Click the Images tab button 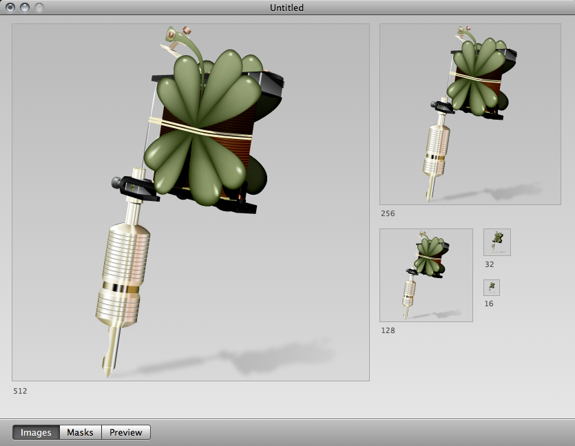click(36, 432)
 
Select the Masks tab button click(81, 432)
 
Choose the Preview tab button click(126, 432)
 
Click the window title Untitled click(287, 8)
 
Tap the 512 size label click(21, 391)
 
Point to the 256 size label click(388, 213)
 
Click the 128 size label click(388, 330)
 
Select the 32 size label click(490, 264)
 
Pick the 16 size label click(489, 304)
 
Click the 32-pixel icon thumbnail click(497, 242)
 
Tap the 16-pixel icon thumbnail click(492, 287)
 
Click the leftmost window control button click(10, 8)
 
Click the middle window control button click(25, 8)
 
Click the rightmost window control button click(39, 8)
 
